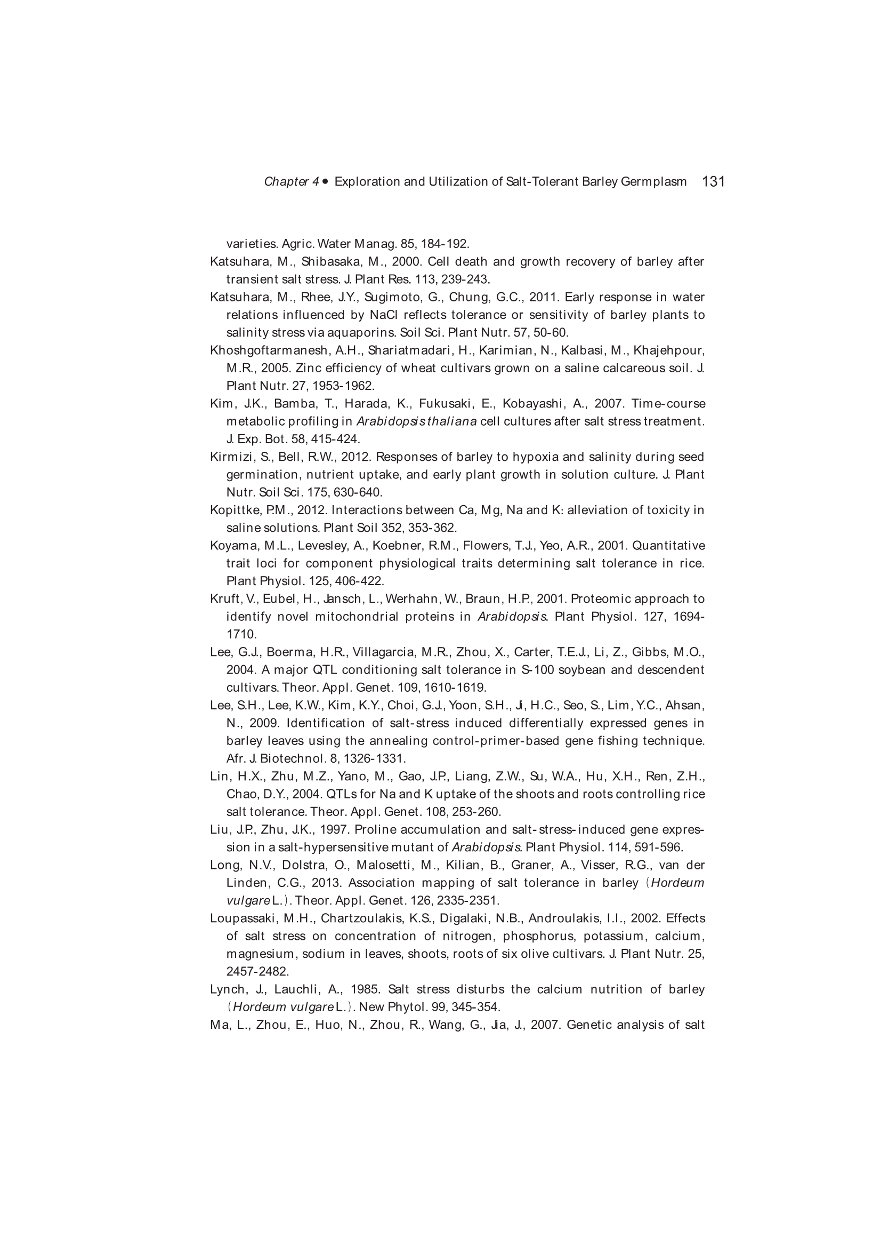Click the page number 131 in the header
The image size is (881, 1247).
click(x=713, y=181)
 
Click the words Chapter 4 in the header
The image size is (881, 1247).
click(x=292, y=181)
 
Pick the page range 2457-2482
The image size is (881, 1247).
click(x=257, y=971)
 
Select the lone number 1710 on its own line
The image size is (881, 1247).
click(x=241, y=634)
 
